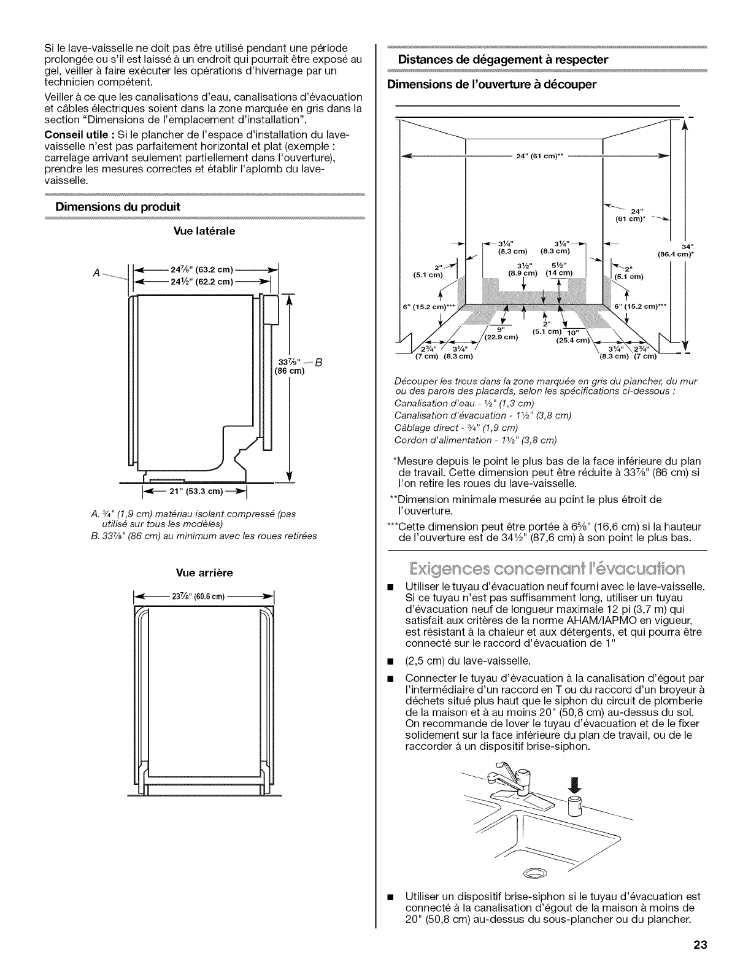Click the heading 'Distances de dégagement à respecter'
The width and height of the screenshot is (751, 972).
pos(503,60)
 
